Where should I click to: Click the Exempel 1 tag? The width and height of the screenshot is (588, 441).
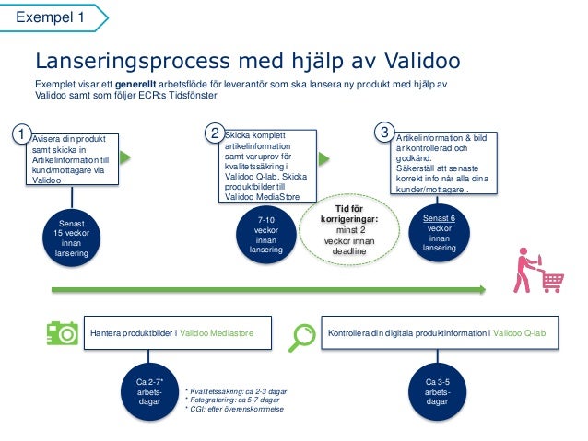click(x=51, y=17)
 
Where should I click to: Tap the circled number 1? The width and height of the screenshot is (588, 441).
click(x=21, y=135)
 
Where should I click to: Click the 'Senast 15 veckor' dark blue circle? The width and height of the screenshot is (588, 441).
click(x=71, y=234)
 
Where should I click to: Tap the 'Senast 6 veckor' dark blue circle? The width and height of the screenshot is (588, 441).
click(x=440, y=234)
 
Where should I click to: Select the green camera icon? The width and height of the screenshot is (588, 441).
click(x=63, y=332)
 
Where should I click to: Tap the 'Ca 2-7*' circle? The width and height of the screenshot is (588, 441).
click(x=149, y=391)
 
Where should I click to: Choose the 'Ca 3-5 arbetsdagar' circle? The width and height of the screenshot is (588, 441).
click(x=437, y=391)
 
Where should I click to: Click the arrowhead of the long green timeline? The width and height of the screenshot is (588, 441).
click(x=480, y=289)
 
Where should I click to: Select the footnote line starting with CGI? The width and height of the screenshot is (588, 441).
click(x=234, y=408)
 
